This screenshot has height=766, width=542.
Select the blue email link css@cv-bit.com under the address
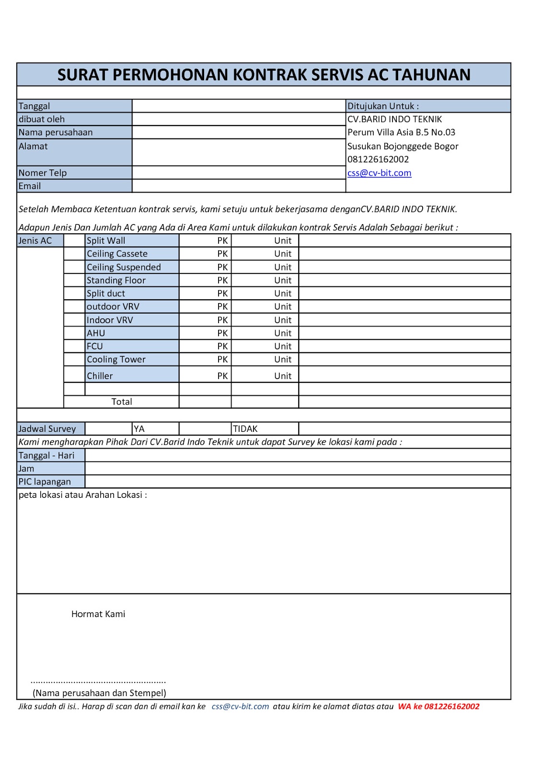379,173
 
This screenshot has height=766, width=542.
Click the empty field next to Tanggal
238,106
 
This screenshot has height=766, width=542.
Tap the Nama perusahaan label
56,132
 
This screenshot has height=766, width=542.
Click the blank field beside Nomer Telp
238,172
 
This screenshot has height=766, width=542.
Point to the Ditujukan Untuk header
383,106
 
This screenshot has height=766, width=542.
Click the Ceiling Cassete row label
117,254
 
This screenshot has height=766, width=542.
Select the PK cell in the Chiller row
222,376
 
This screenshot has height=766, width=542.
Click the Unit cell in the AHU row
283,333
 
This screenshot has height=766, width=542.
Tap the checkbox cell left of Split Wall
74,240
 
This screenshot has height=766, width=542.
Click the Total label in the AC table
122,402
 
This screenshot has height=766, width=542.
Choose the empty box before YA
108,428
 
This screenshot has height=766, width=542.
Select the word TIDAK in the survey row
245,429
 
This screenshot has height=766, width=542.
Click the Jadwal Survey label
47,429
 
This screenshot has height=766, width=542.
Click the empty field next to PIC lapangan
297,482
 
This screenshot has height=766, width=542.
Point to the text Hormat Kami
98,614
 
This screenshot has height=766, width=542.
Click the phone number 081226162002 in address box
378,159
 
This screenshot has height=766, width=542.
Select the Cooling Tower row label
116,360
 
